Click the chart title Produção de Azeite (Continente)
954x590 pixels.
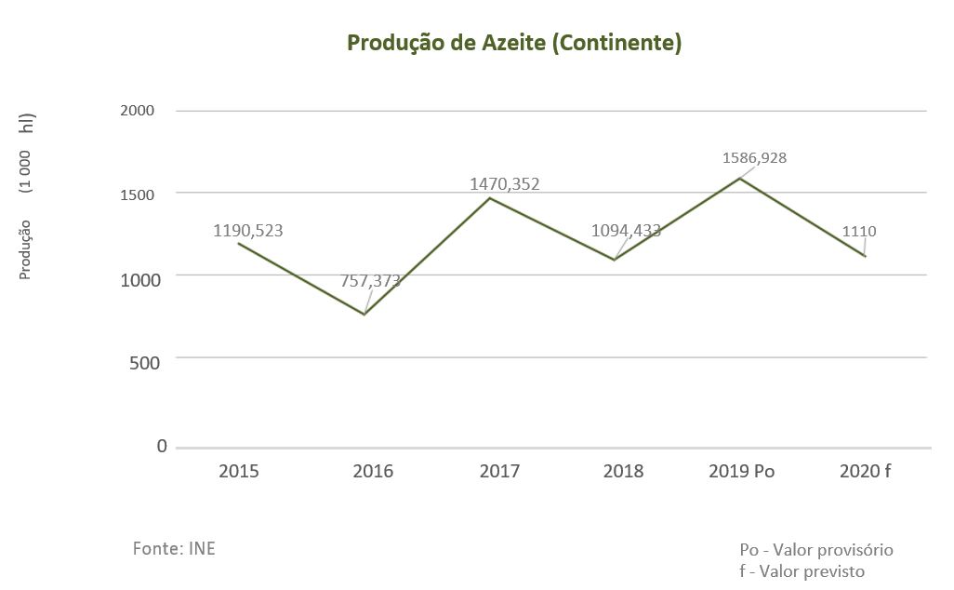[x=514, y=44]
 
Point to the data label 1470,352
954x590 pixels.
[x=504, y=184]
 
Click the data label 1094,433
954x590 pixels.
[x=626, y=230]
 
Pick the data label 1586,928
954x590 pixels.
[x=754, y=158]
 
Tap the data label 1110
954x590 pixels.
[x=859, y=232]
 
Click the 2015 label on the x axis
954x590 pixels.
[x=239, y=471]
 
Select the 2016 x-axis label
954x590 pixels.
[x=373, y=471]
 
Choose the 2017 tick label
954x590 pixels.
[x=499, y=471]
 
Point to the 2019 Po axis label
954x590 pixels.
[x=741, y=471]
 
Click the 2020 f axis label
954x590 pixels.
[x=865, y=471]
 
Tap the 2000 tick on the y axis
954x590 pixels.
[x=138, y=111]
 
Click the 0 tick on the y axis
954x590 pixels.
[x=162, y=447]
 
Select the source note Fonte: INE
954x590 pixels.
[x=174, y=548]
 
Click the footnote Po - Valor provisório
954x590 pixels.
[x=816, y=550]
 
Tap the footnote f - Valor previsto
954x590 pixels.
[x=802, y=570]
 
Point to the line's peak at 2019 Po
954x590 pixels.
[x=740, y=178]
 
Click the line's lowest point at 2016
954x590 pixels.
[x=364, y=315]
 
